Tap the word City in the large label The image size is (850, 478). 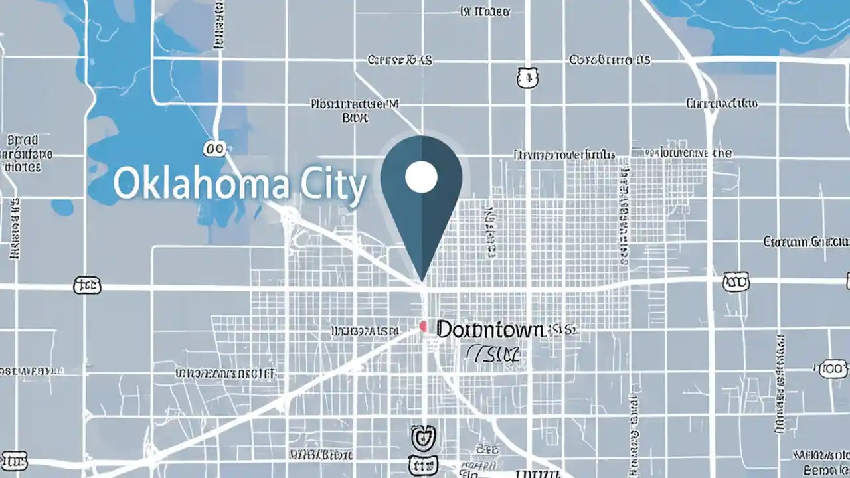click(x=331, y=186)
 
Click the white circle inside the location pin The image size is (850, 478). click(x=421, y=177)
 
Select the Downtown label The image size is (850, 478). click(x=490, y=329)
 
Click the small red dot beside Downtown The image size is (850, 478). click(x=422, y=326)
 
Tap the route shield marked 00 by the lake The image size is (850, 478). click(x=215, y=149)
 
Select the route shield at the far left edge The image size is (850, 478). click(x=87, y=286)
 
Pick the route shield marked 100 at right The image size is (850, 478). click(x=834, y=368)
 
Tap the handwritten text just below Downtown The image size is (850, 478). click(x=492, y=355)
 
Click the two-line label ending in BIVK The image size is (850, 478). click(x=355, y=111)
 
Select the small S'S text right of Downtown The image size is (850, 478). click(x=563, y=329)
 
